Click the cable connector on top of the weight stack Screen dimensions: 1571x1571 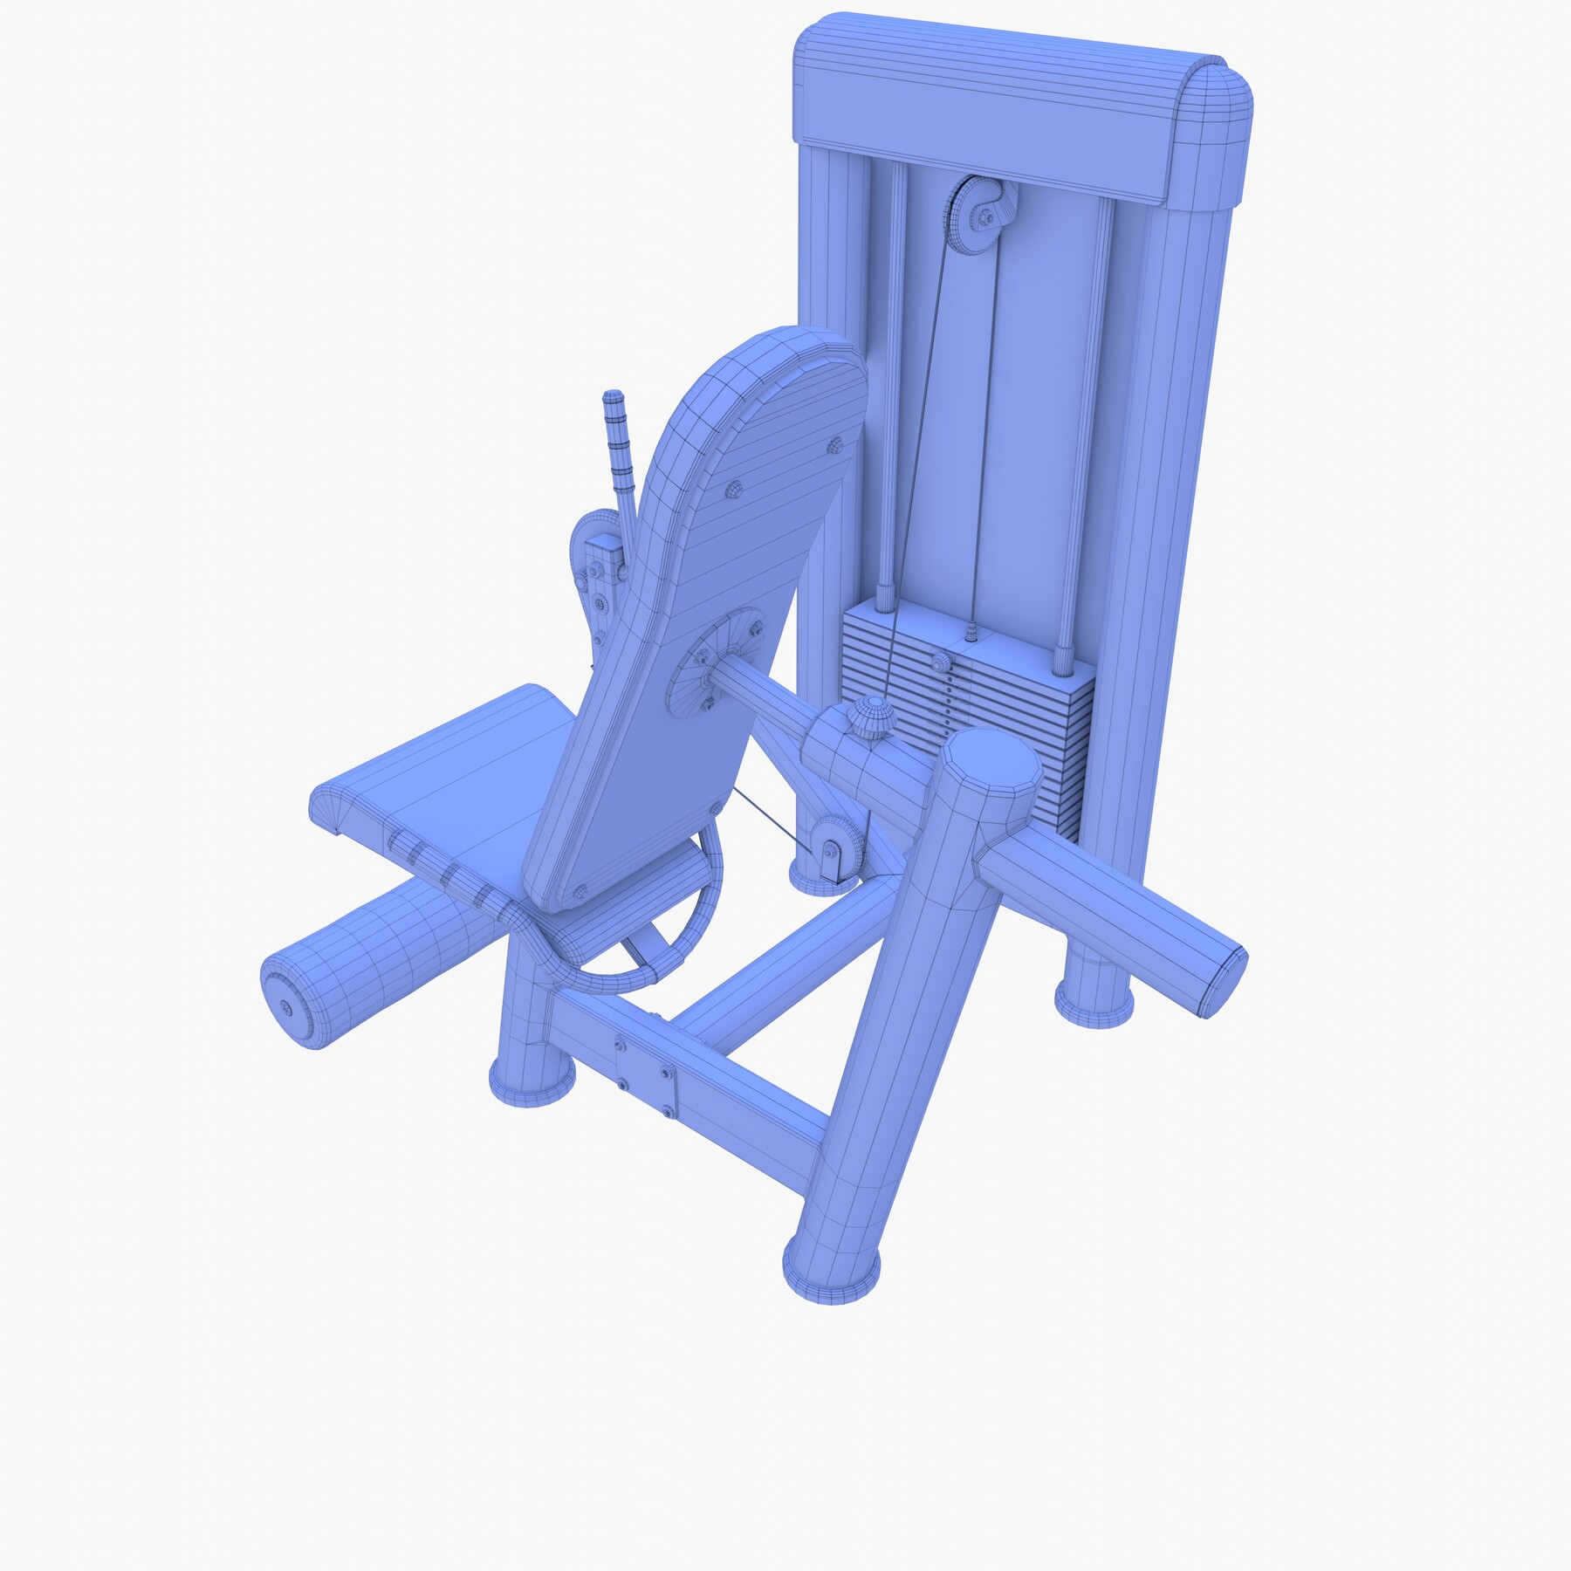point(971,630)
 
